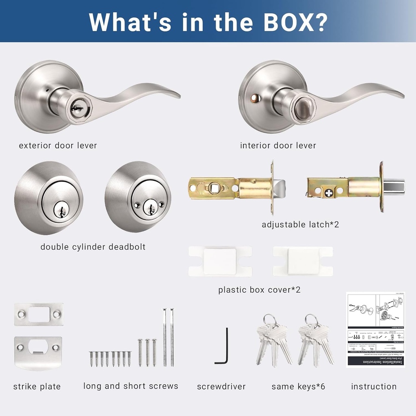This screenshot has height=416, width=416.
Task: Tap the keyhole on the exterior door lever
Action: pyautogui.click(x=76, y=106)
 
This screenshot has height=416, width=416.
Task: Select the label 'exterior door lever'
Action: pyautogui.click(x=58, y=145)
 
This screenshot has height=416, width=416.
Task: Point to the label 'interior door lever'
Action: pyautogui.click(x=278, y=145)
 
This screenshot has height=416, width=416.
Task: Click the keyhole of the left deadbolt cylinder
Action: pyautogui.click(x=61, y=209)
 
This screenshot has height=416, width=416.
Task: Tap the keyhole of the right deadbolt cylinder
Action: pyautogui.click(x=151, y=208)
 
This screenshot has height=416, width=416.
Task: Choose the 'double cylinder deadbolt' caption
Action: pyautogui.click(x=93, y=247)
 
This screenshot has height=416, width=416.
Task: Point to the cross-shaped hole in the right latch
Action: pyautogui.click(x=329, y=192)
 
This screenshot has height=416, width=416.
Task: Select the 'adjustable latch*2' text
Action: pyautogui.click(x=300, y=224)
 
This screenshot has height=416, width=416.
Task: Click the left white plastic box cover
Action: pyautogui.click(x=220, y=261)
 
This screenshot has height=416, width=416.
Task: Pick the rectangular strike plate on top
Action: pyautogui.click(x=39, y=314)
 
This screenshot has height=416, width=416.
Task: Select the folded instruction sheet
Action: pyautogui.click(x=375, y=329)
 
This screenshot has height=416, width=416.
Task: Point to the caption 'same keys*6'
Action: pyautogui.click(x=298, y=386)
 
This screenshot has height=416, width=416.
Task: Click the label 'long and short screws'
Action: pyautogui.click(x=131, y=386)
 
